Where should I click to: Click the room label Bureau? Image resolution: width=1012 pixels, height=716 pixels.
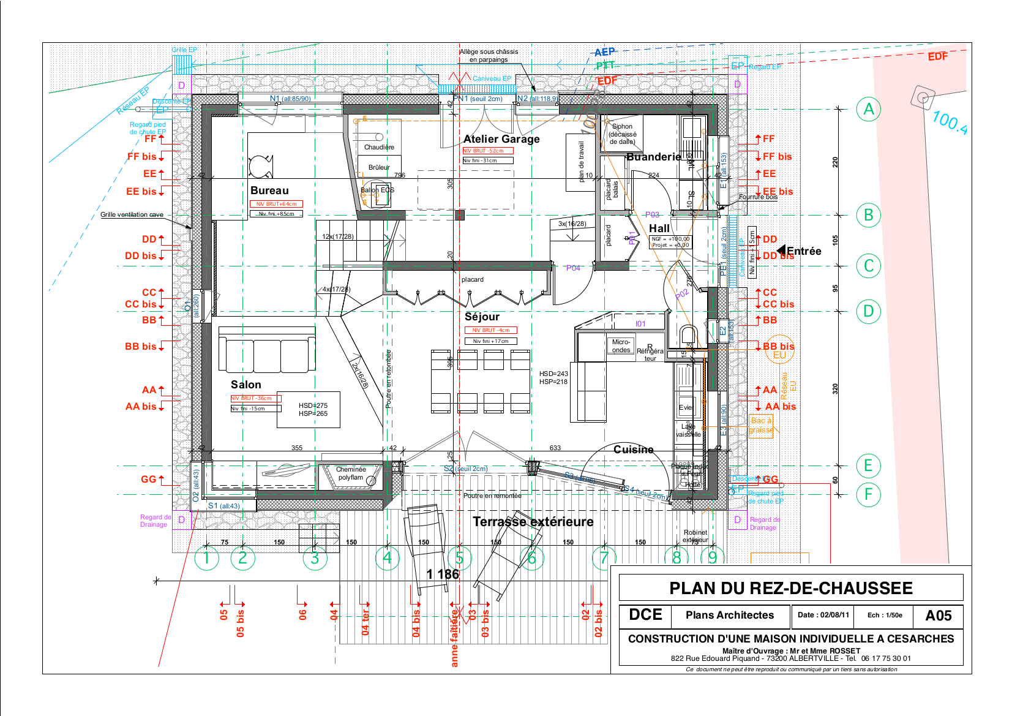(x=269, y=190)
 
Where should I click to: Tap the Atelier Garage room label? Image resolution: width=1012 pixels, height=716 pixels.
(x=501, y=139)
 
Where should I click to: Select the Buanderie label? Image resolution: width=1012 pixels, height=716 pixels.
(x=653, y=157)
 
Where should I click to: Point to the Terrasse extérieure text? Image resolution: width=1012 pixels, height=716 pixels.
(x=533, y=522)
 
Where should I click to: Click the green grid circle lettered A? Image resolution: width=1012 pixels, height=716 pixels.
(x=868, y=110)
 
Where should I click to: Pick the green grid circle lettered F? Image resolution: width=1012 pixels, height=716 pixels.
(x=868, y=494)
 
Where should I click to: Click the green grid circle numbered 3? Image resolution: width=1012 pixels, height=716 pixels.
(x=315, y=558)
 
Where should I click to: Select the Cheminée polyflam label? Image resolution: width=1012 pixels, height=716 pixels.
(x=351, y=473)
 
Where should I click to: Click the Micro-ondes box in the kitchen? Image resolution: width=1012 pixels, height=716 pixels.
(x=621, y=346)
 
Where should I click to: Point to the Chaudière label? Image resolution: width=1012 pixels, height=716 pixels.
(x=379, y=148)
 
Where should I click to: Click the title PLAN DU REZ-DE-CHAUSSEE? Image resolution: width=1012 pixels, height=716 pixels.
(x=790, y=589)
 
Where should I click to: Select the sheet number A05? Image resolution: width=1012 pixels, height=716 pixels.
(x=938, y=616)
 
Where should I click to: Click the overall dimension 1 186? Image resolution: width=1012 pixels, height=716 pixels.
(x=443, y=574)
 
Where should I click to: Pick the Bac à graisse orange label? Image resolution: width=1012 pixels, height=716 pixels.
(x=761, y=425)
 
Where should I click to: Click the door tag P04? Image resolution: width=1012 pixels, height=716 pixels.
(x=573, y=268)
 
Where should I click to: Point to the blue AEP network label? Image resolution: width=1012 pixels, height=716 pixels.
(x=604, y=53)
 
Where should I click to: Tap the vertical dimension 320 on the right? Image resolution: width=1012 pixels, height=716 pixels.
(x=835, y=389)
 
